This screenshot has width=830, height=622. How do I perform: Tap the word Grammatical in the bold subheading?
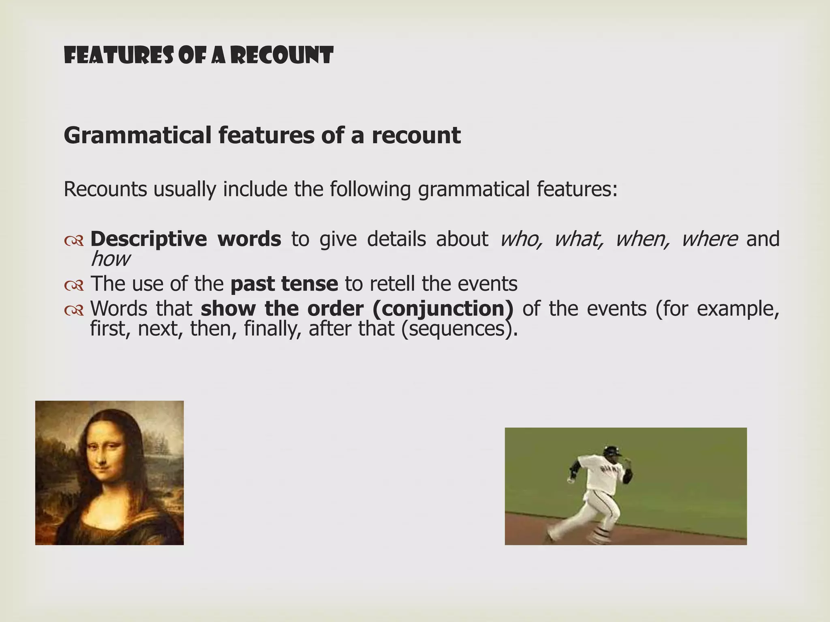point(137,135)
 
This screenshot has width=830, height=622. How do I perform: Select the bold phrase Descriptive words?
point(185,239)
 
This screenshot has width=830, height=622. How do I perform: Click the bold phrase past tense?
point(284,283)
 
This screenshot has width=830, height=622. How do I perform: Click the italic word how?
point(110,259)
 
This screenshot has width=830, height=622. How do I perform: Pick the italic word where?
point(709,239)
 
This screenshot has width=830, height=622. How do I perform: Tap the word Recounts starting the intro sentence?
point(105,189)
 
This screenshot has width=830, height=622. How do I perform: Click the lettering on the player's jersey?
point(610,470)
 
